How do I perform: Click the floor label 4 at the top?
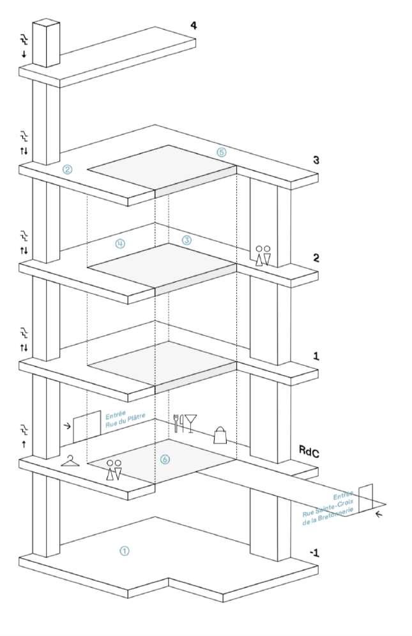tap(194, 26)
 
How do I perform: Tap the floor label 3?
tap(316, 160)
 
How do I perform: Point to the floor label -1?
tap(314, 553)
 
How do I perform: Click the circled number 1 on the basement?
tap(125, 551)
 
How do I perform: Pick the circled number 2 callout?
tap(67, 170)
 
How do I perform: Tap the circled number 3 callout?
tap(187, 240)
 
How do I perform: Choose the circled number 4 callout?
tap(120, 243)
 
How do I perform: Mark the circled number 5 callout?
tap(221, 152)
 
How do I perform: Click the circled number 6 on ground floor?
tap(164, 459)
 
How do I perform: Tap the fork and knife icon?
tap(179, 423)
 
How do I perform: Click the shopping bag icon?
tap(220, 435)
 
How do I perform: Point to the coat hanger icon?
tap(70, 461)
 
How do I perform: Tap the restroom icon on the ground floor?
tap(114, 470)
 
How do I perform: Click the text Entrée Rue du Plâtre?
tap(125, 420)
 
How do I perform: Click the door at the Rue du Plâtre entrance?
tap(87, 426)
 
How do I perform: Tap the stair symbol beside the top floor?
tap(24, 39)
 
